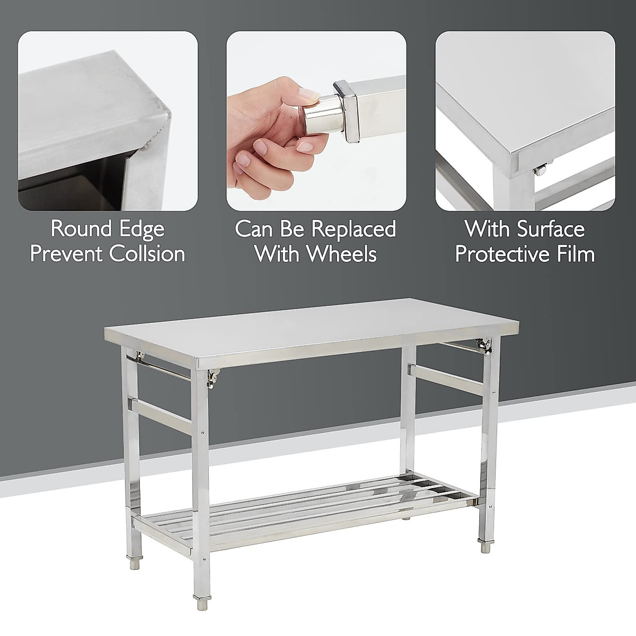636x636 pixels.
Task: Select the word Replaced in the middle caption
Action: point(354,229)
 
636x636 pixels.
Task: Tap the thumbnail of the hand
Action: point(316,121)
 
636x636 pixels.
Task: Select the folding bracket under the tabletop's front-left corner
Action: point(213,377)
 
